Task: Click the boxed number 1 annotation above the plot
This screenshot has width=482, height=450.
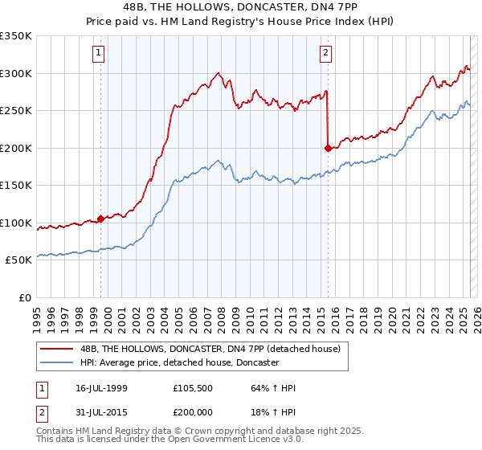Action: click(x=98, y=54)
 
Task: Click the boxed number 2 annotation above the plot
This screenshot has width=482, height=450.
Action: click(x=325, y=54)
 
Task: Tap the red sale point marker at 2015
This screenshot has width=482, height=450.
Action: click(x=328, y=148)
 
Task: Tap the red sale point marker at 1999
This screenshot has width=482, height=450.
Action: click(x=100, y=218)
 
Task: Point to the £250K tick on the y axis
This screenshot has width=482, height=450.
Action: click(x=16, y=111)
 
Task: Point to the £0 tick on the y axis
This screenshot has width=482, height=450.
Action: click(x=24, y=297)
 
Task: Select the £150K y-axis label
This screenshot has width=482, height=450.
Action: click(x=16, y=186)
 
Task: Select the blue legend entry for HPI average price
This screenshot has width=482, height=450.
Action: click(x=179, y=363)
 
